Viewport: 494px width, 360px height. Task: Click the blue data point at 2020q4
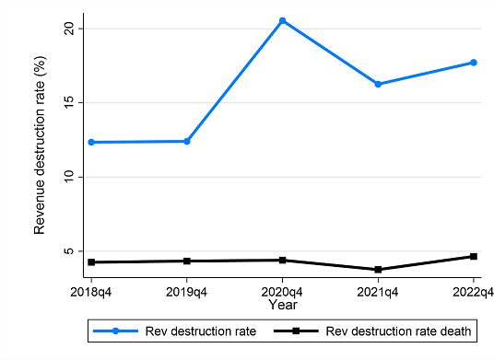(x=283, y=20)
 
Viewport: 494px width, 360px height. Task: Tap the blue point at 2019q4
(x=187, y=141)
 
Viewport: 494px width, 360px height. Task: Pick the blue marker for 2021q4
(x=378, y=84)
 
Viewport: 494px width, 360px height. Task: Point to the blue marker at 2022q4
(x=474, y=63)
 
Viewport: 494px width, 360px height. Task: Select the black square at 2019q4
(x=187, y=261)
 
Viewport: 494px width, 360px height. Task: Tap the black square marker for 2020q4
(x=283, y=260)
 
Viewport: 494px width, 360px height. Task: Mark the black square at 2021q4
(x=378, y=270)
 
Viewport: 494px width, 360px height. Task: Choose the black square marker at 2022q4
(x=474, y=256)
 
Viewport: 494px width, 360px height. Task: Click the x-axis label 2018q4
(x=92, y=289)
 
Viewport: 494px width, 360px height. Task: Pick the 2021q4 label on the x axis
(x=378, y=289)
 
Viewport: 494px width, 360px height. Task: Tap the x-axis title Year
(x=283, y=302)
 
